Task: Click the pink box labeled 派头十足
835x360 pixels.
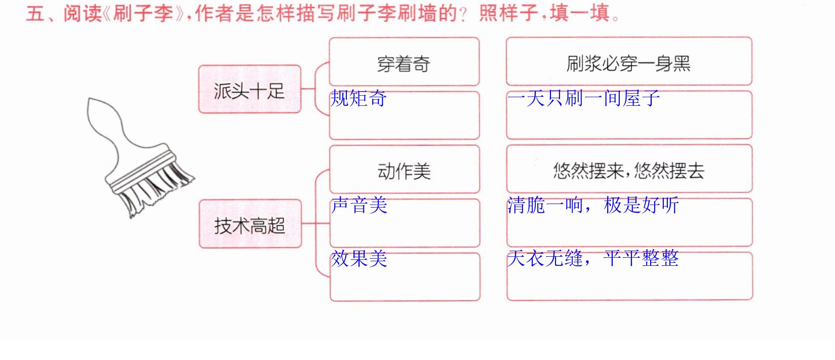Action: [x=250, y=89]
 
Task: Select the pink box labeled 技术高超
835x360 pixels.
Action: [x=250, y=224]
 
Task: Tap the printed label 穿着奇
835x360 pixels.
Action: [x=404, y=64]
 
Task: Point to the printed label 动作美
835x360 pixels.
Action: [x=404, y=172]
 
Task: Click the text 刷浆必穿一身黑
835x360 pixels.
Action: [x=628, y=63]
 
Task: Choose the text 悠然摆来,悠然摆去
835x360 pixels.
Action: [x=629, y=171]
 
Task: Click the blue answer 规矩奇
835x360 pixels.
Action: [x=359, y=98]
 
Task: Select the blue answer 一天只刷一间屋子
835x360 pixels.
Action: [x=584, y=98]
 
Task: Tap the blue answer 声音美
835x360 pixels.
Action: [x=360, y=205]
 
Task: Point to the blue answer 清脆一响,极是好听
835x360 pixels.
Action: [x=593, y=205]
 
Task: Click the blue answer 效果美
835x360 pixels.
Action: [x=360, y=258]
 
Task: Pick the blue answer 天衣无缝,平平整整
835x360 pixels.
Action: [x=593, y=258]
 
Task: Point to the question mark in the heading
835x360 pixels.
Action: [x=463, y=15]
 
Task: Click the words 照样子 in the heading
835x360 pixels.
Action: [x=508, y=13]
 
